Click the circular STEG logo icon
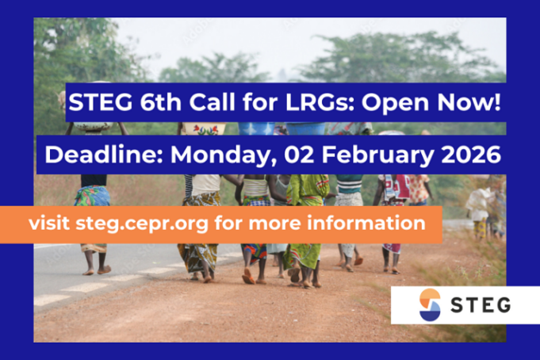coord(430,305)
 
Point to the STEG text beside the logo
coord(480,305)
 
